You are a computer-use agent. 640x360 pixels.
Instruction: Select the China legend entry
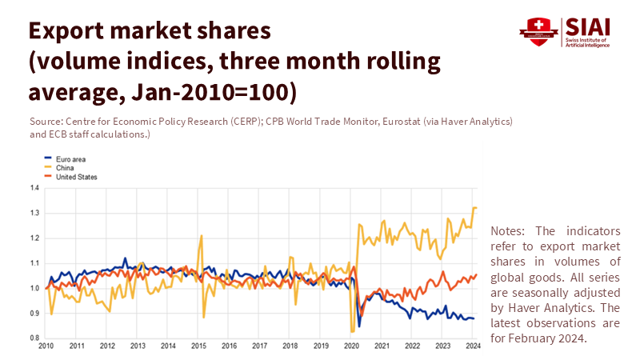[x=65, y=168]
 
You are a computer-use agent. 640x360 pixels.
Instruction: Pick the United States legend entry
[x=76, y=177]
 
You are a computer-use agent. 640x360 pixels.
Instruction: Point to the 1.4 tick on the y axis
[x=34, y=188]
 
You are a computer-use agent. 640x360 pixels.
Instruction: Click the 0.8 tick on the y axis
[x=34, y=338]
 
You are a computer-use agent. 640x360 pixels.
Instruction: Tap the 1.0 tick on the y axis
[x=34, y=288]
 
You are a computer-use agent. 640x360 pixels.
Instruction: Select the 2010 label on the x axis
[x=46, y=346]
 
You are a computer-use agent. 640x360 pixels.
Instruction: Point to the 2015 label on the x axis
[x=199, y=346]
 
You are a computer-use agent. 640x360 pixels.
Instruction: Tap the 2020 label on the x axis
[x=352, y=346]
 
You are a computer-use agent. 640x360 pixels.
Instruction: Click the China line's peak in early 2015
[x=202, y=235]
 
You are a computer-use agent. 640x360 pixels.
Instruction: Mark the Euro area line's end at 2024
[x=474, y=318]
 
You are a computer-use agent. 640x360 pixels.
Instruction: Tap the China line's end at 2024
[x=475, y=208]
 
